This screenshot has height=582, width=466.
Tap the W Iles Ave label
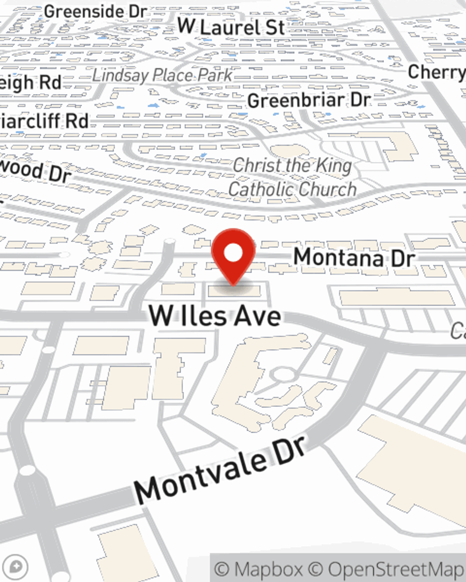coord(215,316)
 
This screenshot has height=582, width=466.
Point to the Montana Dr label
coord(354,257)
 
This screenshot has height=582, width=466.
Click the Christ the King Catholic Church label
coord(293,177)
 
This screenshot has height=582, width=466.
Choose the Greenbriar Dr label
coord(309,100)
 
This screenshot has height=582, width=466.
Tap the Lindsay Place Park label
coord(162,75)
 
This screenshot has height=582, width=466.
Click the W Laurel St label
coord(231,27)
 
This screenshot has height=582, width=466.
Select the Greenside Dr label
coord(96,12)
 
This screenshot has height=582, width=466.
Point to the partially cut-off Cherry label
coord(436,72)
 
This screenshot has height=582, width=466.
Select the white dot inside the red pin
coord(233,253)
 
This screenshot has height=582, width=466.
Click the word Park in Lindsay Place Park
coord(215,75)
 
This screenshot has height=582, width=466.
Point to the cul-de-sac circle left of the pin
coord(170,242)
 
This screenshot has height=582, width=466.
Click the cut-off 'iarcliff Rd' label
coord(44,121)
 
